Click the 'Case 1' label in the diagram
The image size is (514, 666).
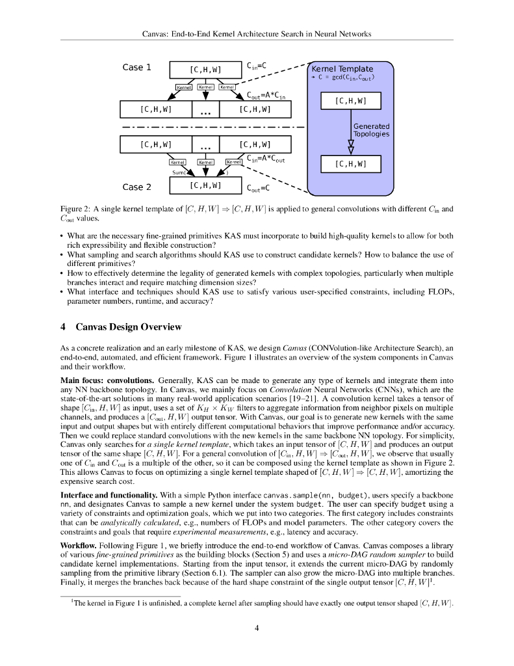136,67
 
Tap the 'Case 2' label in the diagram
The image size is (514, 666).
136,187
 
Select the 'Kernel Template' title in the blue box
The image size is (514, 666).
342,69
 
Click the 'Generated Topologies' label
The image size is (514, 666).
371,130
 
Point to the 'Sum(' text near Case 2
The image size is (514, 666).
180,173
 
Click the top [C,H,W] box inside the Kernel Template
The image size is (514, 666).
350,101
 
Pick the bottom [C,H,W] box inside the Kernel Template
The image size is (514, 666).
350,165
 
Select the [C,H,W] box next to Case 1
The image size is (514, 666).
205,70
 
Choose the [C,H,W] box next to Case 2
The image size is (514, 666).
205,185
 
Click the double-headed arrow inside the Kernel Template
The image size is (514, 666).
351,145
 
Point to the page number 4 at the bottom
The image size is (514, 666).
257,628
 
